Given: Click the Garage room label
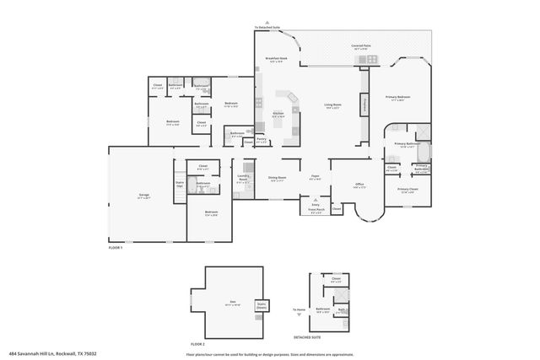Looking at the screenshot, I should (x=145, y=196).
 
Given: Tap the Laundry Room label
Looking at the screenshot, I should (x=243, y=178).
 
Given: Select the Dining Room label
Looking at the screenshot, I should (x=278, y=179).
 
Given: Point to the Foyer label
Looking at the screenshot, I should (x=315, y=178).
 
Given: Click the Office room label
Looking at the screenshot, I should (x=359, y=185).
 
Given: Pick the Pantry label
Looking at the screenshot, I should (x=262, y=140).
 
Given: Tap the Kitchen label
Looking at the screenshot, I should (x=278, y=115).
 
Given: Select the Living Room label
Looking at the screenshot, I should (x=332, y=106).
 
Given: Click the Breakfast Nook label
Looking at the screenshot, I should (x=277, y=59).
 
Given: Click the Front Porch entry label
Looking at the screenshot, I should (x=316, y=211).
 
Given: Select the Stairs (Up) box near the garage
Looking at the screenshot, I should (x=180, y=183).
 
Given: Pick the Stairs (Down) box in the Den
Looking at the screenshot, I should (x=261, y=306).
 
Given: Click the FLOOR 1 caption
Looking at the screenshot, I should (x=116, y=248).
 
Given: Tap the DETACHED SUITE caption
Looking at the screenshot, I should (x=307, y=336).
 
